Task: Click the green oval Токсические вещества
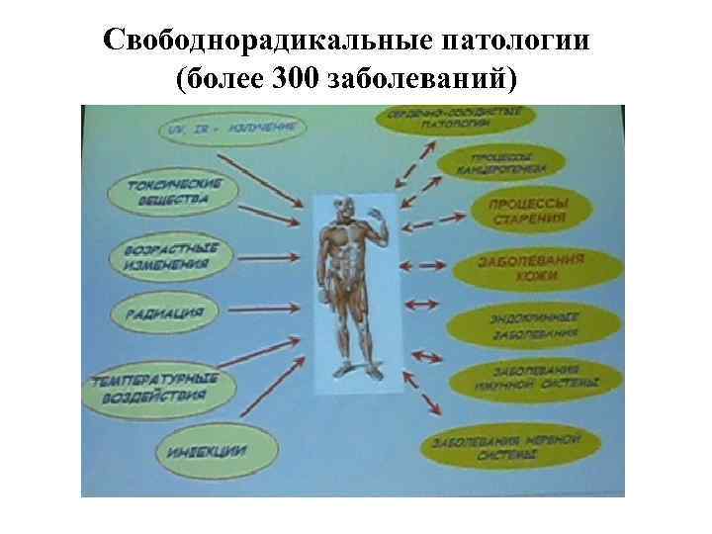tap(175, 193)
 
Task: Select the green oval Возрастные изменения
tap(167, 256)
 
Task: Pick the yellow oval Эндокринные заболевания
tap(535, 324)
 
